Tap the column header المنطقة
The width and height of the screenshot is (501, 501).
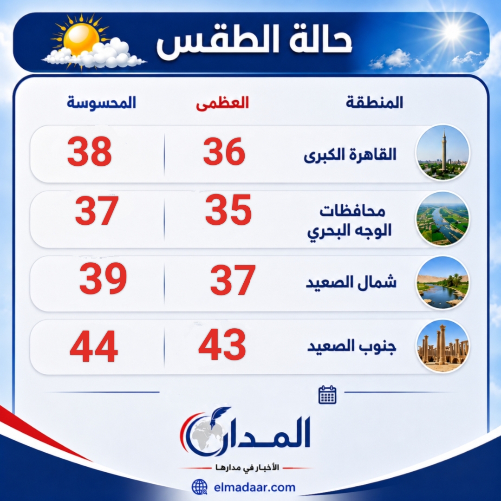coord(374,103)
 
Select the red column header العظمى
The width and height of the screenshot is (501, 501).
coord(222,103)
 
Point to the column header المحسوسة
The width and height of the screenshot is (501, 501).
coord(101,103)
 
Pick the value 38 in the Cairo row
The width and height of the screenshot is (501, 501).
coord(90,151)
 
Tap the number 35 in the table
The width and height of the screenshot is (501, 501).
coord(228,210)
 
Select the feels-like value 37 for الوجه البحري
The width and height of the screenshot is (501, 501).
coord(97,210)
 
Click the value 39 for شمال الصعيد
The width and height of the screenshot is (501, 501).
coord(103,279)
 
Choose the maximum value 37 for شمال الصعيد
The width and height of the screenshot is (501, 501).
coord(233,280)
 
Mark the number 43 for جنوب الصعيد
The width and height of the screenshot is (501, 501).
coord(222,345)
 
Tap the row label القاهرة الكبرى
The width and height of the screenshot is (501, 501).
coord(350,155)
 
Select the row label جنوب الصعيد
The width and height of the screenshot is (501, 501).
coord(351,346)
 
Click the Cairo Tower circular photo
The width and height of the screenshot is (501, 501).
coord(442,153)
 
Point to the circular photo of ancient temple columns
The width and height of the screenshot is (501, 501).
coord(442,346)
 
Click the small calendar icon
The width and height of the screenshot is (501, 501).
coord(327,395)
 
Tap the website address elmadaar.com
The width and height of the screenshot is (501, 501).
coord(254,488)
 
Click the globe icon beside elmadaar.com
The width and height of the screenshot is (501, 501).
coord(200,487)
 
